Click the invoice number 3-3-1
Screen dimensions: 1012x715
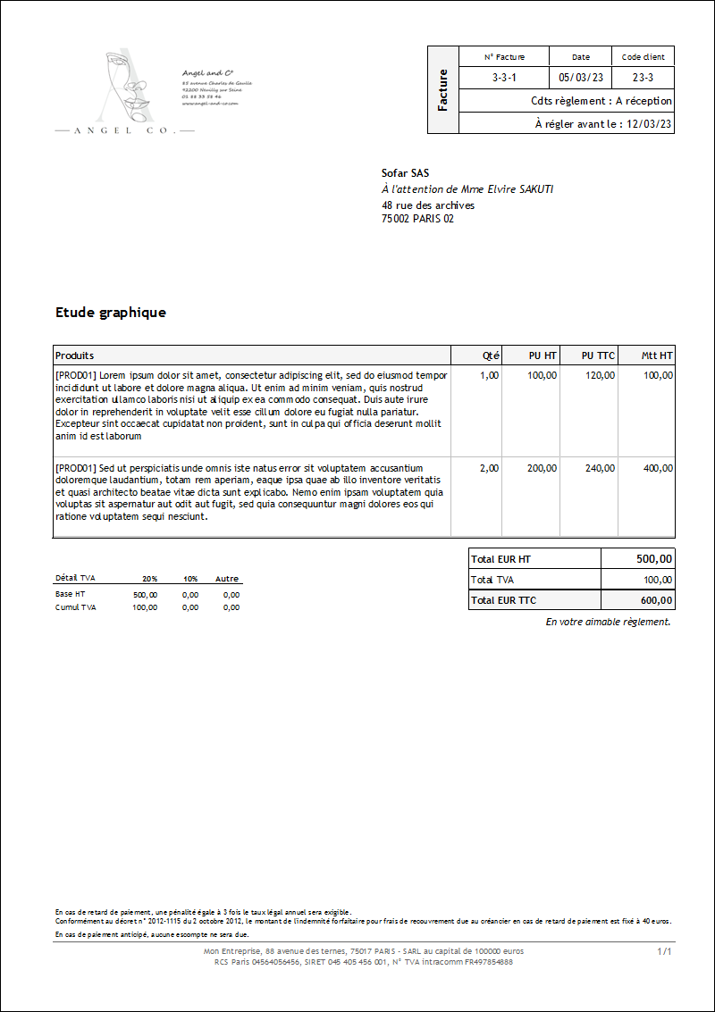point(504,78)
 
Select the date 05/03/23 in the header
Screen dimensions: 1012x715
point(580,78)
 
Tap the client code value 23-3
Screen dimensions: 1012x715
point(643,78)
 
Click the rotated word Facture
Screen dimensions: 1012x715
point(443,90)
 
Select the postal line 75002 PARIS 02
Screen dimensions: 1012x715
point(417,218)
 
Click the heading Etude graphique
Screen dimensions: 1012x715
point(111,313)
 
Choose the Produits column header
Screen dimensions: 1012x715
point(75,355)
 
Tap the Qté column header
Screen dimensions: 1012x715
point(491,355)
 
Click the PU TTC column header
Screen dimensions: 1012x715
point(598,355)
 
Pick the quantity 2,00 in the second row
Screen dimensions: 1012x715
point(489,468)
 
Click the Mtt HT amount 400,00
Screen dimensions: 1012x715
point(658,468)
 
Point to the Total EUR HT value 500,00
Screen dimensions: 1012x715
point(654,559)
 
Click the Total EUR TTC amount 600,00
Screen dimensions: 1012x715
point(657,600)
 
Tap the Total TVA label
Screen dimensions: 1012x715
point(492,580)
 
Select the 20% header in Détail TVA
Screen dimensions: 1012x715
point(149,579)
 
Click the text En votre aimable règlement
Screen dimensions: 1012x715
point(608,622)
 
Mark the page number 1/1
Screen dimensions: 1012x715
point(664,952)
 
